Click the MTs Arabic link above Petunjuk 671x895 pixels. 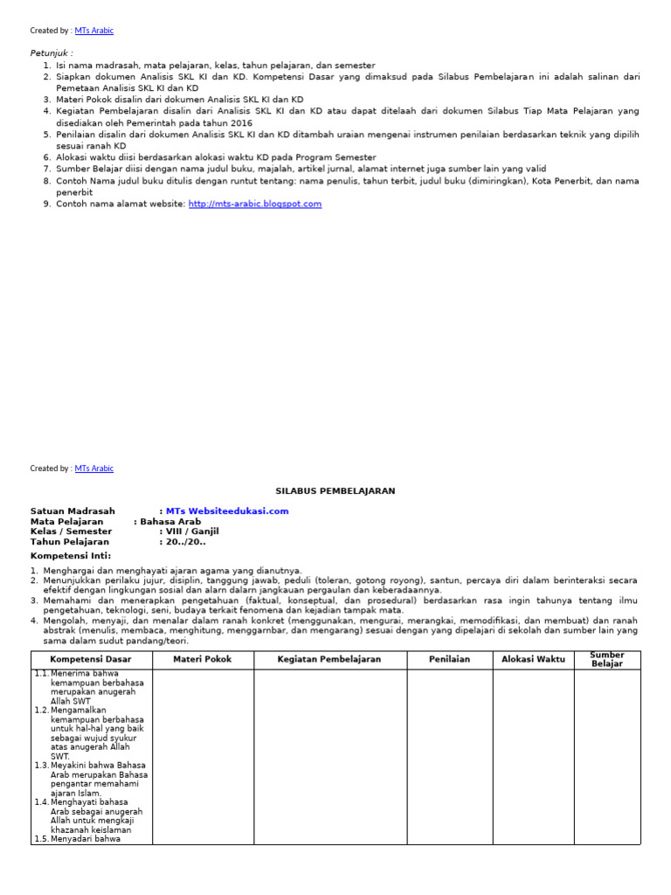click(94, 31)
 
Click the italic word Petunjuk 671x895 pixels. click(52, 53)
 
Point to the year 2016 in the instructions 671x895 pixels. click(241, 122)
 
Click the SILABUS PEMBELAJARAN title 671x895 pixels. click(335, 491)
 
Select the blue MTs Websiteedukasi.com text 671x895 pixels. click(227, 511)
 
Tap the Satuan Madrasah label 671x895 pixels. click(73, 511)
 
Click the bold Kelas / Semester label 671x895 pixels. click(71, 531)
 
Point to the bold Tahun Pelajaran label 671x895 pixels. click(70, 542)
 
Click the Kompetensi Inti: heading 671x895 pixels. click(71, 556)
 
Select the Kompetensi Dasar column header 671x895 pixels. click(91, 660)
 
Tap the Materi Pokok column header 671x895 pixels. click(203, 660)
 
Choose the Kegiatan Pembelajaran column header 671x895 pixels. click(329, 660)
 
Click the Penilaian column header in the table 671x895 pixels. click(450, 660)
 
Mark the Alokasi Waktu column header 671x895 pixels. click(533, 660)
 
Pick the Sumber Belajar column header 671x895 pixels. click(606, 660)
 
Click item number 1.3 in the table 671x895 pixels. click(42, 766)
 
